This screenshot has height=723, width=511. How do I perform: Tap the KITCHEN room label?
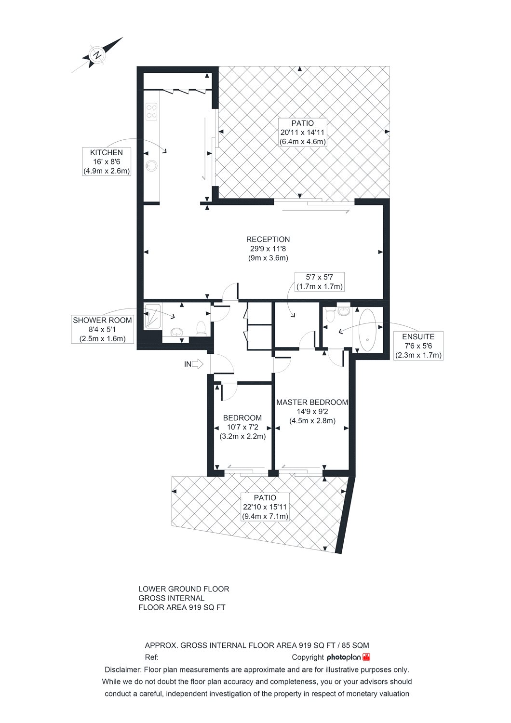[x=106, y=152]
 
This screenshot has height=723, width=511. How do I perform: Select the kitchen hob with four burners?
[x=151, y=111]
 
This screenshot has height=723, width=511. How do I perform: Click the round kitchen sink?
[x=151, y=166]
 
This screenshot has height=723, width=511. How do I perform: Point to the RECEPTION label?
[x=268, y=239]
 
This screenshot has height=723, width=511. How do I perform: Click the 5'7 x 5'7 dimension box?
[x=319, y=282]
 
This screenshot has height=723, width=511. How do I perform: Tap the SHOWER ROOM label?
[x=102, y=320]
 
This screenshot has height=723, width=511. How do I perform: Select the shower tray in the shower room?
[x=153, y=316]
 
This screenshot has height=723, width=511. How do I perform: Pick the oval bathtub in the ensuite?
[x=367, y=330]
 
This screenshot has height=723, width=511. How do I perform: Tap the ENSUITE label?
[x=418, y=336]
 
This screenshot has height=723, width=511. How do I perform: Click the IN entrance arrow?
[x=194, y=364]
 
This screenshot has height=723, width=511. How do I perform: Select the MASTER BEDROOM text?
[x=312, y=402]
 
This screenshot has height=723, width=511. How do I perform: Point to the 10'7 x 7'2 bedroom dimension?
[x=242, y=427]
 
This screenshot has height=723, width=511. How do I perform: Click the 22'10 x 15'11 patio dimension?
[x=265, y=507]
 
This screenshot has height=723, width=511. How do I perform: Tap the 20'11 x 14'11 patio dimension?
[x=302, y=132]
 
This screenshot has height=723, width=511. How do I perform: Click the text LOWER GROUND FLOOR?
[x=184, y=589]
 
